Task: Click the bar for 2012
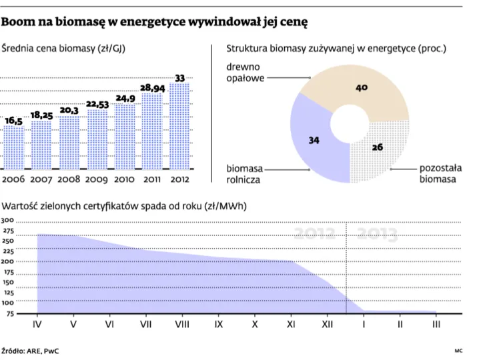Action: (x=179, y=127)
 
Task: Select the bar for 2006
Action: (x=13, y=147)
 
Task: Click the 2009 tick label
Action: (x=97, y=179)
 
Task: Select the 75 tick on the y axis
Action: (x=8, y=313)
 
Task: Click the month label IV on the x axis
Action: (x=37, y=325)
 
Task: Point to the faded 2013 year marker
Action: (x=378, y=234)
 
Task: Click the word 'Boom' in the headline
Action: (x=20, y=22)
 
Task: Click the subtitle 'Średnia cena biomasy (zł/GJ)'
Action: (x=64, y=49)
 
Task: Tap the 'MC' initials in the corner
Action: (x=458, y=350)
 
